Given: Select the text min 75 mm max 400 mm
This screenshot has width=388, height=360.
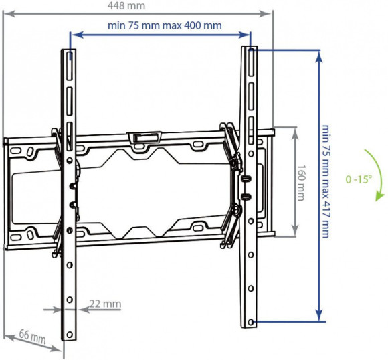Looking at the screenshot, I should [164, 26].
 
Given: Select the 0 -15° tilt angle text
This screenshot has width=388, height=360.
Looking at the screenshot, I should [359, 179].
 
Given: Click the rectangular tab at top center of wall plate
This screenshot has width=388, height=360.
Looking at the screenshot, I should [143, 139].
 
